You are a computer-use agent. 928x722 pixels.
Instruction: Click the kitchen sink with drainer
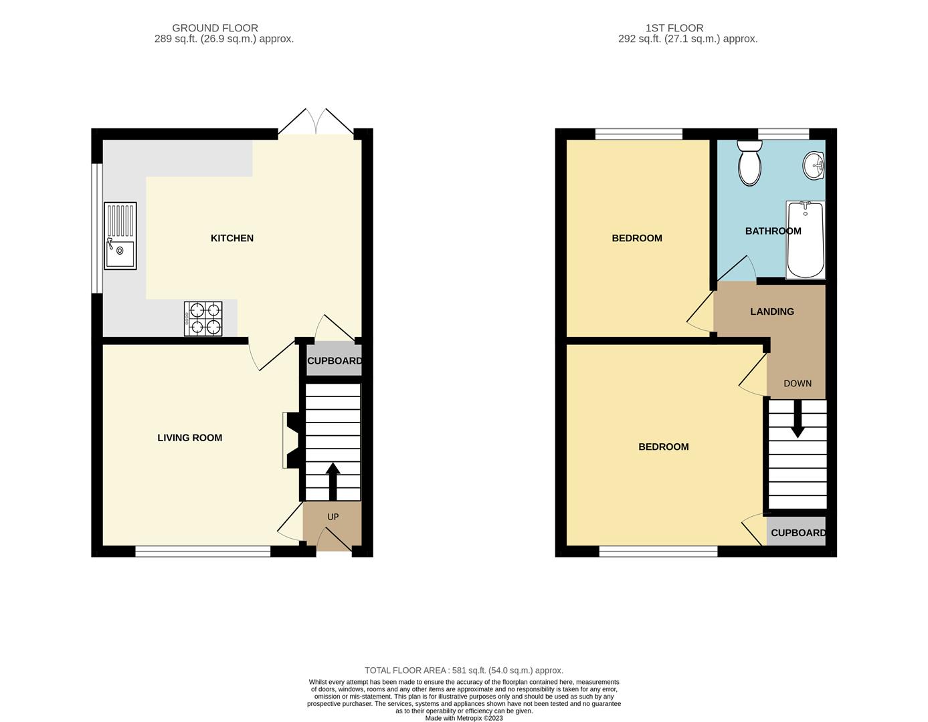(x=120, y=235)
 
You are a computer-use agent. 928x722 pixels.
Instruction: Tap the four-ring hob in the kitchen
(x=203, y=319)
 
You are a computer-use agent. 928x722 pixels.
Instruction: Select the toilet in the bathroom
(x=750, y=163)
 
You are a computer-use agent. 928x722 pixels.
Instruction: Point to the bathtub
(x=806, y=240)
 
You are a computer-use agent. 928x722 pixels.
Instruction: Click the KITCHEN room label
(x=232, y=238)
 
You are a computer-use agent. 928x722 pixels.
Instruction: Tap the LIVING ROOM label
(x=189, y=438)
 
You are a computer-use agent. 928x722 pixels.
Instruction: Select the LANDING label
(x=772, y=312)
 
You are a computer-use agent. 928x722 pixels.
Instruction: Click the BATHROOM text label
(x=773, y=231)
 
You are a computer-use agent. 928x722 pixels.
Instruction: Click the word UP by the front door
(x=333, y=517)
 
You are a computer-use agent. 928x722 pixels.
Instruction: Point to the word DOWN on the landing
(x=798, y=383)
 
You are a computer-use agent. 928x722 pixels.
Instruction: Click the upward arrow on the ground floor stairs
(x=333, y=482)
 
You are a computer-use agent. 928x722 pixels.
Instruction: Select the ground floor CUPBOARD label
(x=335, y=360)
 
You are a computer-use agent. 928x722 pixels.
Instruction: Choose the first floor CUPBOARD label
(x=798, y=533)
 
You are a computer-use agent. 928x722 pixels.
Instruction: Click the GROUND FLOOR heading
(x=215, y=28)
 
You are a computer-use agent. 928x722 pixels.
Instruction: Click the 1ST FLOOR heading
(x=674, y=28)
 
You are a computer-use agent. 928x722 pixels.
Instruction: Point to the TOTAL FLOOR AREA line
(x=464, y=671)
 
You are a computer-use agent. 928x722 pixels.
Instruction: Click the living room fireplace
(x=293, y=440)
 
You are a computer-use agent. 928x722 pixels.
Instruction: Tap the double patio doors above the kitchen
(x=316, y=122)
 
